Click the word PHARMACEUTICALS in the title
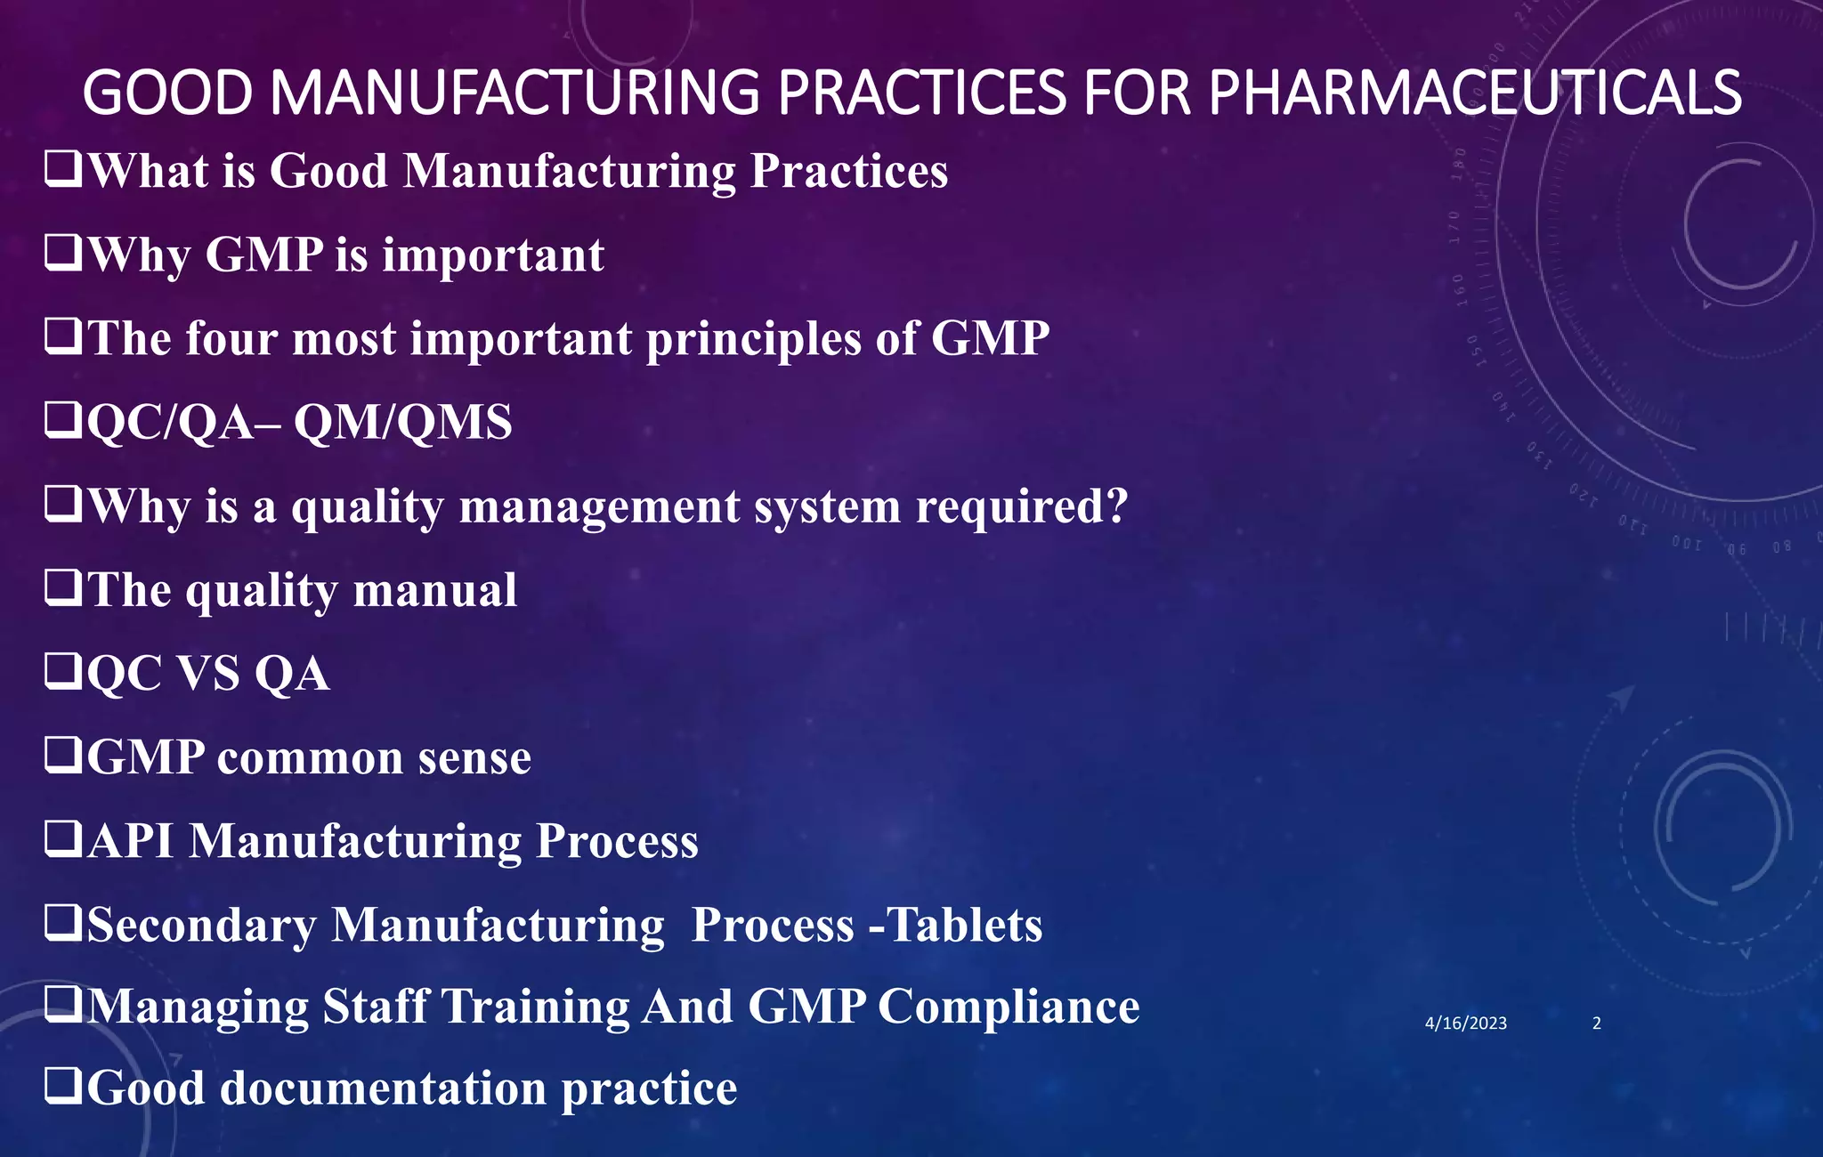point(1474,93)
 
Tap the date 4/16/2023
point(1465,1023)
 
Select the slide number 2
point(1596,1023)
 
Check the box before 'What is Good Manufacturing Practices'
point(63,169)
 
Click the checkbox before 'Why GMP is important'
point(63,254)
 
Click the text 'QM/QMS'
point(402,422)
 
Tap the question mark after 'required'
point(1117,505)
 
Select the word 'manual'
point(434,590)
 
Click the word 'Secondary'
point(201,925)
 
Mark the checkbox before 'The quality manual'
point(63,588)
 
